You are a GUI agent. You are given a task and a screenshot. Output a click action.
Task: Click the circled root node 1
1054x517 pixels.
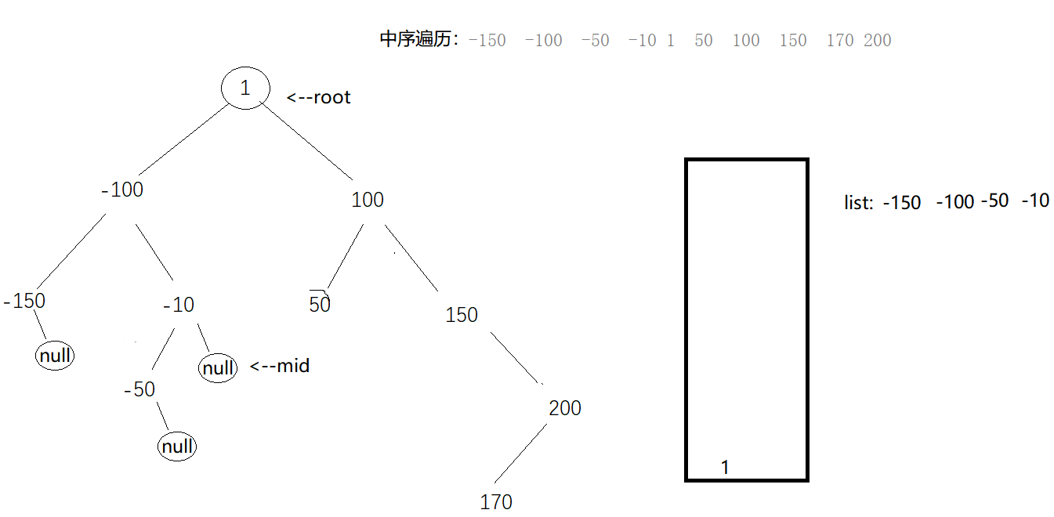[x=245, y=88]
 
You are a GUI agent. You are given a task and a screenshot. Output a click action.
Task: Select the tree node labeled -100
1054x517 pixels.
[x=122, y=190]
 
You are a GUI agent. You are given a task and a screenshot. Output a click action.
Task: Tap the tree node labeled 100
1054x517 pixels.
[x=368, y=200]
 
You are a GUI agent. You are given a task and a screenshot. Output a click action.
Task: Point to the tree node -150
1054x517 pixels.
[x=24, y=301]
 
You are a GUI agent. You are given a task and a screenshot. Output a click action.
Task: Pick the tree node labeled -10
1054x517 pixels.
[x=179, y=305]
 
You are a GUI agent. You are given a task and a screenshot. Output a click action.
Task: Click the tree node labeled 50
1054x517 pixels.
[x=320, y=304]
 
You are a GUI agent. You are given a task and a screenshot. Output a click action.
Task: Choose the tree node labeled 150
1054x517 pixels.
[x=462, y=315]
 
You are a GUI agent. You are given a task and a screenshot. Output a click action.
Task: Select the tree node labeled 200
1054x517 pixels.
[x=565, y=408]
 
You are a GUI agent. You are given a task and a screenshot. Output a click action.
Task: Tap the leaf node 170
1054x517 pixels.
[x=496, y=501]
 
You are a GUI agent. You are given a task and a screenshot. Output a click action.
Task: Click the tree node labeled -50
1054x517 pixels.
[x=139, y=389]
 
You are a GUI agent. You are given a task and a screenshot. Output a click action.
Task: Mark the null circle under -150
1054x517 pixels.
[x=55, y=356]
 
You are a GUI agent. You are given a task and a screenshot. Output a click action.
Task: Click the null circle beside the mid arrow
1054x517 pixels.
[x=218, y=367]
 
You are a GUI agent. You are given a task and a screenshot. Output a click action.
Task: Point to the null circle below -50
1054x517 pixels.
[x=177, y=446]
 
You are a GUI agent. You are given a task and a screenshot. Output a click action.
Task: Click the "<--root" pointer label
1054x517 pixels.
[x=318, y=98]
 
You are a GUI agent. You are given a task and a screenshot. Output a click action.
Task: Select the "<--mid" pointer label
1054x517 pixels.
[x=280, y=366]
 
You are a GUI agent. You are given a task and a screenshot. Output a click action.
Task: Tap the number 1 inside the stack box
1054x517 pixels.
[x=725, y=468]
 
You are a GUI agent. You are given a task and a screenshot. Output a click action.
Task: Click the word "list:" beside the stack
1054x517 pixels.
[x=858, y=203]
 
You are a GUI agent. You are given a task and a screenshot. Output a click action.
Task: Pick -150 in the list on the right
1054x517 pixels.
[x=902, y=202]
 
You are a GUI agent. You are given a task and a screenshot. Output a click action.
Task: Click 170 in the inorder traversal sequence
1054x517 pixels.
[x=840, y=41]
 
